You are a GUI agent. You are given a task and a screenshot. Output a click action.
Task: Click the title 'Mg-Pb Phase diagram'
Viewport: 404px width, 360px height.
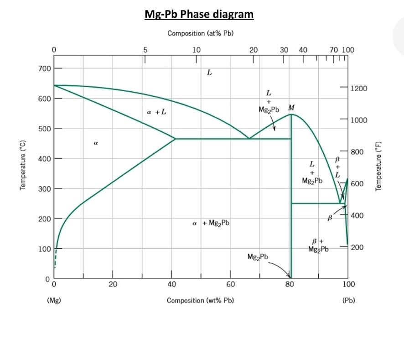(199, 14)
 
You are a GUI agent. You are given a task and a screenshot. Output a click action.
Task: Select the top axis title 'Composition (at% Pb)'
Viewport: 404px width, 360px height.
(201, 33)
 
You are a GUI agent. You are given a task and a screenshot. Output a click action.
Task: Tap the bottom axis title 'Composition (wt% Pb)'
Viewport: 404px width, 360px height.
(201, 300)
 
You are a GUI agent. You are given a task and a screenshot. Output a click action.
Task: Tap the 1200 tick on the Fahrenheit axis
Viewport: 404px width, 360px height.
(358, 88)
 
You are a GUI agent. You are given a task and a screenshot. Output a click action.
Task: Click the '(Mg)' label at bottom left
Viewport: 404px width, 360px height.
(54, 300)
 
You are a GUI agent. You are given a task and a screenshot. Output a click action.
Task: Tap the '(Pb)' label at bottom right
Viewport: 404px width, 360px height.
(348, 300)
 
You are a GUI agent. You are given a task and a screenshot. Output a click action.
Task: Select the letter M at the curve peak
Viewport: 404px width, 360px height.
(291, 108)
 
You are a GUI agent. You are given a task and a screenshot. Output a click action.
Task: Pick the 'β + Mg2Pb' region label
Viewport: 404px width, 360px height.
(318, 245)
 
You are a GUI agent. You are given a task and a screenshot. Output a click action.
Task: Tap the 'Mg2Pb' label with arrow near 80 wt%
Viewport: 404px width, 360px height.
(258, 257)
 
